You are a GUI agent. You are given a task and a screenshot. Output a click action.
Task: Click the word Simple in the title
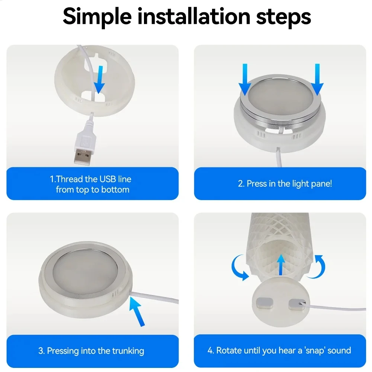(x=97, y=17)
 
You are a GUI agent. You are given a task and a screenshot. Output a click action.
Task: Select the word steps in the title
(x=283, y=17)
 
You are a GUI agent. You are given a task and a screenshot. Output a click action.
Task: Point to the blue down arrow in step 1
(x=100, y=79)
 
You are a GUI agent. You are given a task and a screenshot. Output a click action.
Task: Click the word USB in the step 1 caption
(x=108, y=179)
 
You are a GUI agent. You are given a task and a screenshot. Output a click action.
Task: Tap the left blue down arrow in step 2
(x=245, y=80)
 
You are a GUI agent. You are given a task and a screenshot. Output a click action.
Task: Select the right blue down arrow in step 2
(x=317, y=80)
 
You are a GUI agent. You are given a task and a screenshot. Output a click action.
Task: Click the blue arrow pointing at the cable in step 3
(x=137, y=311)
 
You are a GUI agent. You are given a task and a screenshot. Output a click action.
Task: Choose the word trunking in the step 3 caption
(x=128, y=351)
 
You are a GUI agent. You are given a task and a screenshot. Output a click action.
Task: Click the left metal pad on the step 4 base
(x=264, y=304)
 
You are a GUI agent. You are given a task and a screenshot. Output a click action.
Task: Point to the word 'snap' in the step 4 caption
(x=314, y=351)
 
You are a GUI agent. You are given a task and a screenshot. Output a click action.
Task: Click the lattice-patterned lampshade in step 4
(x=280, y=244)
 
